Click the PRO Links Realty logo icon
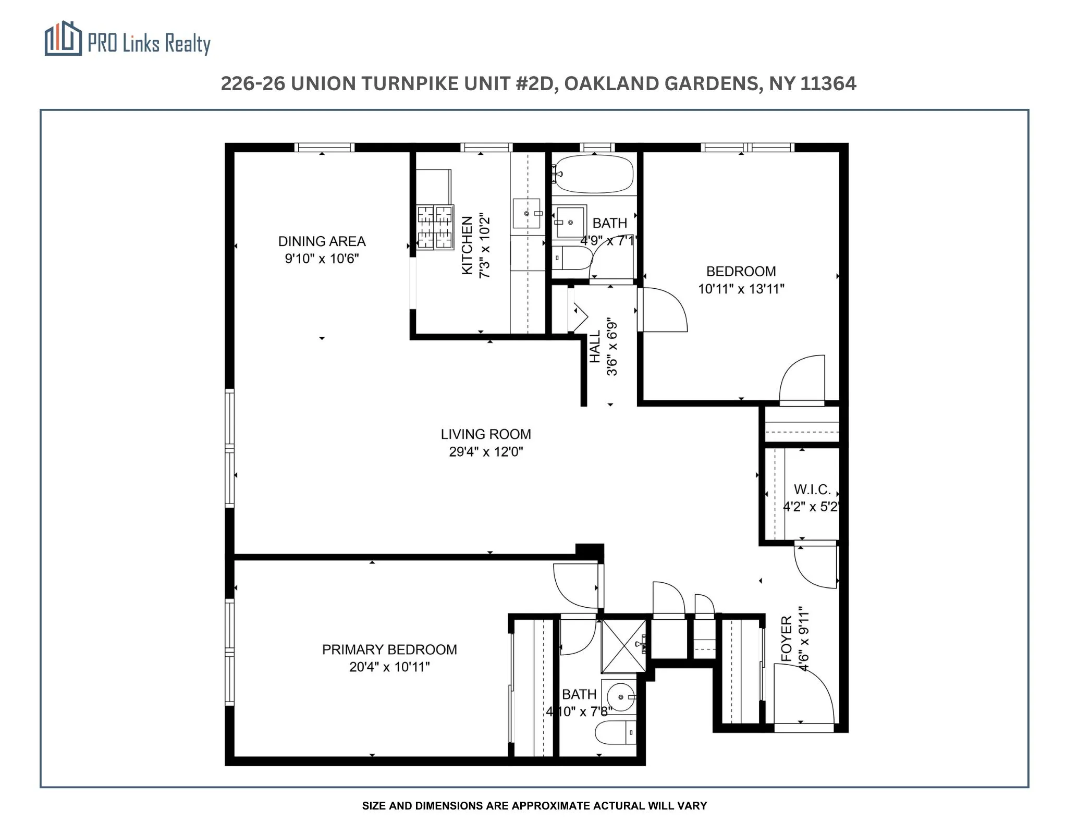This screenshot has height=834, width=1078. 63,39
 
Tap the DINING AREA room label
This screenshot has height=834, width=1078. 322,241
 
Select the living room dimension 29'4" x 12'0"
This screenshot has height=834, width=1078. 486,452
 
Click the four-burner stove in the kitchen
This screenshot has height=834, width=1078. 435,227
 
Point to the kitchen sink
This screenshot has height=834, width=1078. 526,213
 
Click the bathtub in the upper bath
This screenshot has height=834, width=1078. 595,174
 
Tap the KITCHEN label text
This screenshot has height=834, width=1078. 467,245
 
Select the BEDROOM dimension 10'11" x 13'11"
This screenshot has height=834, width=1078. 741,289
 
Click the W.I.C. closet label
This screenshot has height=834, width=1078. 812,489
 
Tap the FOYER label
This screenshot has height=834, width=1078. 787,639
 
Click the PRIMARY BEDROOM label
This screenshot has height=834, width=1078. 389,649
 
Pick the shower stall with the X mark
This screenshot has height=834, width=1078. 623,645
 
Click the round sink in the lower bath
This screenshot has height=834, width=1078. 620,696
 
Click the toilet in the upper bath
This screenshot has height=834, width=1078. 572,258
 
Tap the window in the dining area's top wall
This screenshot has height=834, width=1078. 324,148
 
